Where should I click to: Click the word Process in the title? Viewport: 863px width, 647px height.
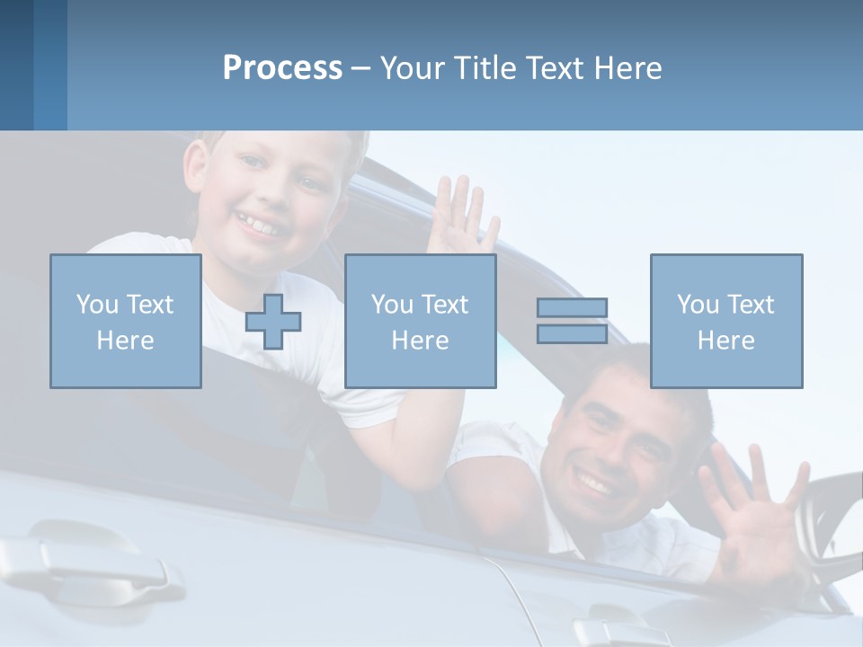pos(282,68)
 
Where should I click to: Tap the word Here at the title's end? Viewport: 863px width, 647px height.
pos(628,68)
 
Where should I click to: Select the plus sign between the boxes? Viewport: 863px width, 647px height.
pos(273,322)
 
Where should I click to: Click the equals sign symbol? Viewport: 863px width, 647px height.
pos(572,321)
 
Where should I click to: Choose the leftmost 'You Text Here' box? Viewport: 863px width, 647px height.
pos(126,321)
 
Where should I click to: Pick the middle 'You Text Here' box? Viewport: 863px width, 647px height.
pos(421,321)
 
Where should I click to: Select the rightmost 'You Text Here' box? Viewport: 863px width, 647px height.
pos(726,321)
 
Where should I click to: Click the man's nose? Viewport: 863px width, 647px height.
pos(598,449)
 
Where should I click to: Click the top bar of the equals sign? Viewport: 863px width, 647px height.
pos(572,307)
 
